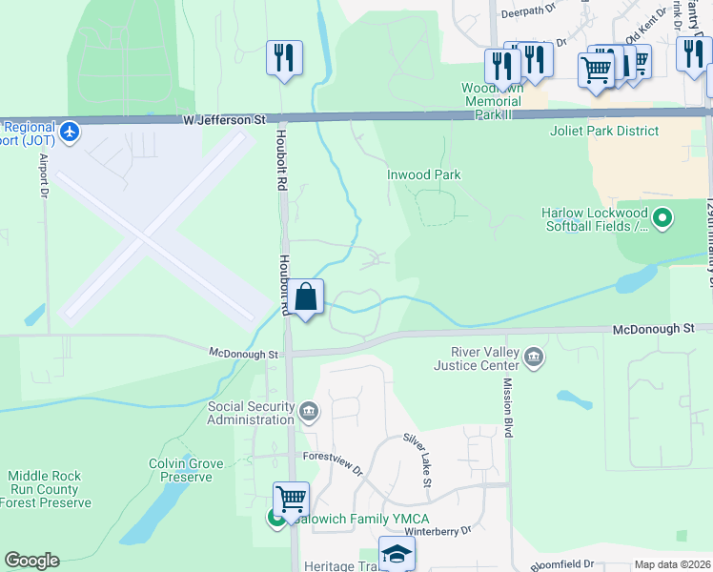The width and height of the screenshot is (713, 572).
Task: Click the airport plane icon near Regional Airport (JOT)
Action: pos(69,130)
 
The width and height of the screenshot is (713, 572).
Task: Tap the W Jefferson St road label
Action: pos(224,121)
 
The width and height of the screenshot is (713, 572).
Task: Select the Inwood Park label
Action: pos(423,174)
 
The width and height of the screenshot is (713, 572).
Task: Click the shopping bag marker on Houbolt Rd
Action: pos(306,298)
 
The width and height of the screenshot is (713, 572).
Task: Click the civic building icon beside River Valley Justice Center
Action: pos(534,358)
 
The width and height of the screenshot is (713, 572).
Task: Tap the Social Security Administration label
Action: pos(251,413)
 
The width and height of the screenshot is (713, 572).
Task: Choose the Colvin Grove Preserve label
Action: pos(186,471)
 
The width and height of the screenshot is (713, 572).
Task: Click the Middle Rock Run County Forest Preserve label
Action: pos(50,489)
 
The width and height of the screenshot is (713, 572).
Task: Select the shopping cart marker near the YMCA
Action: pos(291,499)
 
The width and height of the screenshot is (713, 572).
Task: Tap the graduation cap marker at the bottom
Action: pos(397,554)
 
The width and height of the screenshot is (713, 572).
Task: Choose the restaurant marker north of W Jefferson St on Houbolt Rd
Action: pos(284,59)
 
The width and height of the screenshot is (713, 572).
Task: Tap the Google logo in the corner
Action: pos(31,561)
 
